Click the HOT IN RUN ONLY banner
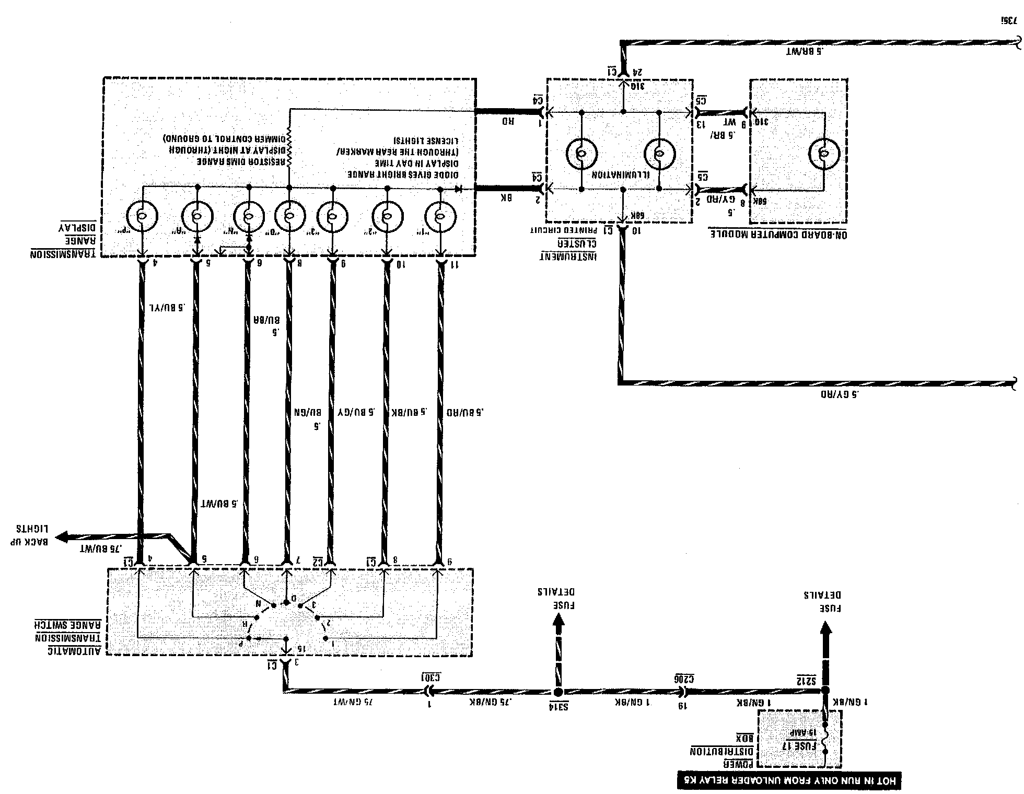789,780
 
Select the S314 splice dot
558,692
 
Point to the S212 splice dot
825,691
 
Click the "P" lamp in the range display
141,216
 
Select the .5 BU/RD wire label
465,412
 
